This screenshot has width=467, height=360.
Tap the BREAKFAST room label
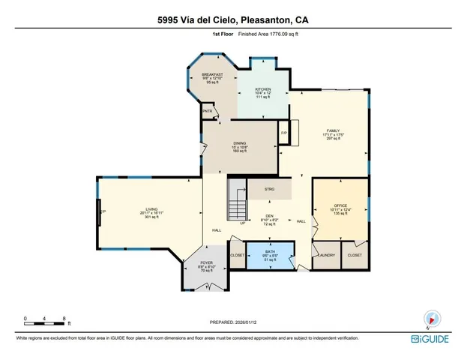pyautogui.click(x=212, y=75)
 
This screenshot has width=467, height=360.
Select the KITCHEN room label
pyautogui.click(x=262, y=89)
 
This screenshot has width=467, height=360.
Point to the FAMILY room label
pyautogui.click(x=332, y=130)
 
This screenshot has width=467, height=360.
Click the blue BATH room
pyautogui.click(x=270, y=255)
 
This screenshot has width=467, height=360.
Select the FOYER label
pyautogui.click(x=208, y=262)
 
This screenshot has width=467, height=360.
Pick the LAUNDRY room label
pyautogui.click(x=325, y=256)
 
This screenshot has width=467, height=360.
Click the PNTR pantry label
pyautogui.click(x=208, y=112)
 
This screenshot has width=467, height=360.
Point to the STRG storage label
pyautogui.click(x=269, y=190)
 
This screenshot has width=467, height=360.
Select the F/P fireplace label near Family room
pyautogui.click(x=284, y=133)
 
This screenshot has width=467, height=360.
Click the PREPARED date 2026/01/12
pyautogui.click(x=233, y=321)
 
